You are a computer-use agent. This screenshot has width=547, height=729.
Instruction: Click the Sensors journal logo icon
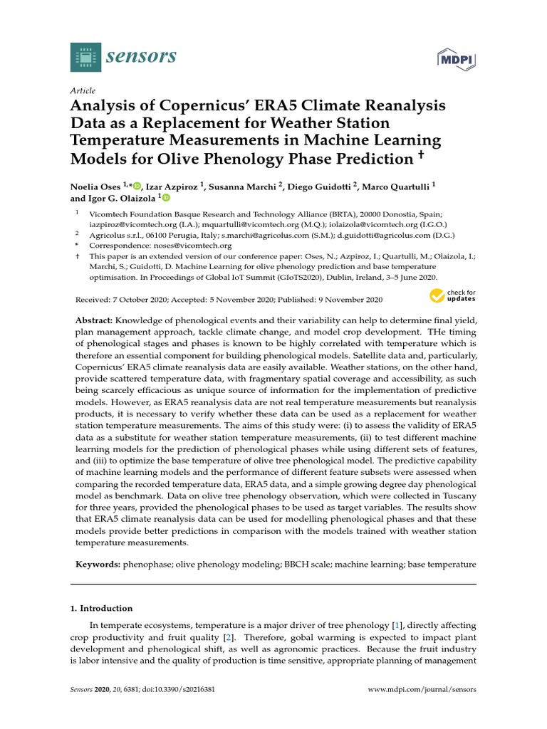(86, 57)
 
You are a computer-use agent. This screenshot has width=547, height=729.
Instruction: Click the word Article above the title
(83, 91)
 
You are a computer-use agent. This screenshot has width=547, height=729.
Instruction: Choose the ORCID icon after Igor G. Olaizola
(166, 199)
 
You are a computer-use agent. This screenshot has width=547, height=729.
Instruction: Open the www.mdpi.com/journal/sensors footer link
(421, 690)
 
